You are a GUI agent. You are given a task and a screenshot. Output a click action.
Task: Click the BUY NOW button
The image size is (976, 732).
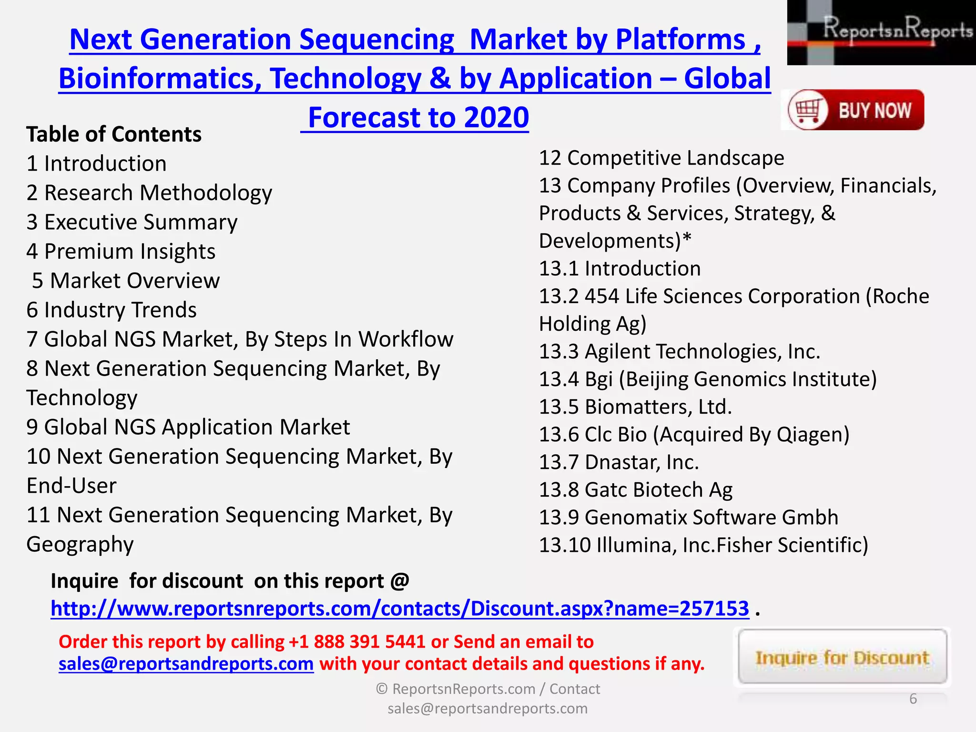853,110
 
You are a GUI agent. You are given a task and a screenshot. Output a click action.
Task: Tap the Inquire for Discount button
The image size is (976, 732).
842,658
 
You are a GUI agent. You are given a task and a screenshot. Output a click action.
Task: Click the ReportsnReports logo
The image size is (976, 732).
881,32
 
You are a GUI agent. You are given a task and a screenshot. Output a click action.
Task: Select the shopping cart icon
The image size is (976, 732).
806,110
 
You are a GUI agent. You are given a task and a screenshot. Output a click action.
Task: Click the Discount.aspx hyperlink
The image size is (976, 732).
400,609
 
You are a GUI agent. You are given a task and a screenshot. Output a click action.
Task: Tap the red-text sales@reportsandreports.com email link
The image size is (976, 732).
186,664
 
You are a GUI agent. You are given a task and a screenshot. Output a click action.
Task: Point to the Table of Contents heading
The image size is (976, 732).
114,134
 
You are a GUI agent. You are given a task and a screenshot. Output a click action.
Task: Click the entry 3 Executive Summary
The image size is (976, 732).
132,223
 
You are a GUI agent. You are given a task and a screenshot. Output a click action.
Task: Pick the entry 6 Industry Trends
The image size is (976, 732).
112,310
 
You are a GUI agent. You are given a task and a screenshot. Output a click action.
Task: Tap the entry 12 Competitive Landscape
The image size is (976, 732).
661,158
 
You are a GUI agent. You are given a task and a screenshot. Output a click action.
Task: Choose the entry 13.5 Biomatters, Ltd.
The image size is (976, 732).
635,407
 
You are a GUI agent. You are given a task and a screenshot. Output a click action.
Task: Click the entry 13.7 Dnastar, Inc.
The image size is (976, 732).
619,462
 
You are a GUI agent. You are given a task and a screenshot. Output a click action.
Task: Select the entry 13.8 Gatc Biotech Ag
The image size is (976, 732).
636,490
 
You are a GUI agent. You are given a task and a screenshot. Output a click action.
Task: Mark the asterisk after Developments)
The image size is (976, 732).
686,237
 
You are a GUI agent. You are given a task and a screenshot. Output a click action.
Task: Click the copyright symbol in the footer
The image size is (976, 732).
381,689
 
